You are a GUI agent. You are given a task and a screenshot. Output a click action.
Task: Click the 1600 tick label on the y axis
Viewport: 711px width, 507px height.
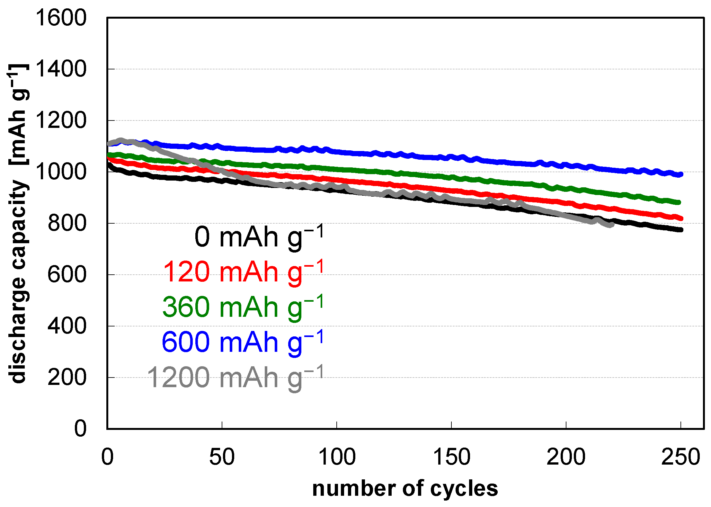coord(61,18)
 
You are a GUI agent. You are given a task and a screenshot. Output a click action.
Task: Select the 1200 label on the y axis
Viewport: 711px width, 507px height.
coord(61,120)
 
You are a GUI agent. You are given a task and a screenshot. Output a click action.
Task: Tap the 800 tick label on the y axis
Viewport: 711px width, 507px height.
coord(67,223)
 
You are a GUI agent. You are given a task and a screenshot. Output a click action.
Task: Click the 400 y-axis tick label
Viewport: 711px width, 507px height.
coord(67,326)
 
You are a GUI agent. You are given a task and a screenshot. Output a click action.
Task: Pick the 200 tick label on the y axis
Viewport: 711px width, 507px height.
coord(67,378)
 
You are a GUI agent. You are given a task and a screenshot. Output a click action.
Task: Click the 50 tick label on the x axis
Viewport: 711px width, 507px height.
coord(222,457)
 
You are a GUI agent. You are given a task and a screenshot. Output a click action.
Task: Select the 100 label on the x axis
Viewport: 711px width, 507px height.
coord(336,457)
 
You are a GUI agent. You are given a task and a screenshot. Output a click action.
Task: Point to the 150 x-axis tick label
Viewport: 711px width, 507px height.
coord(451,457)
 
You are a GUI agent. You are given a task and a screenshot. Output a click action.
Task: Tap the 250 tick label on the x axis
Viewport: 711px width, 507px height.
coord(680,457)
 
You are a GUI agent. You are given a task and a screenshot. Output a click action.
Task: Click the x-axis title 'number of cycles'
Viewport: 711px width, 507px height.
coord(405,489)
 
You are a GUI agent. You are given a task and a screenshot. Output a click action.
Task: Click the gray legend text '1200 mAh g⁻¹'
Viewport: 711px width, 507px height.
coord(236,378)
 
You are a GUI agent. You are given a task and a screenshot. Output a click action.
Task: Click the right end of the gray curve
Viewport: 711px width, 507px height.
coord(611,225)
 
